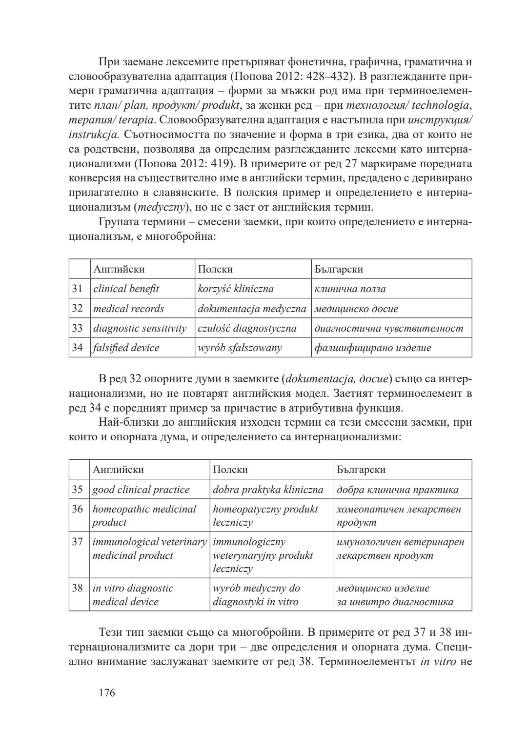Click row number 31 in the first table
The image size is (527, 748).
78,289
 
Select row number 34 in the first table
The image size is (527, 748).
78,348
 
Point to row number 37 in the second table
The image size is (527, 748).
78,542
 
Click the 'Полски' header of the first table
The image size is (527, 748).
215,269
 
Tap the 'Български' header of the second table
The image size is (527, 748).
361,470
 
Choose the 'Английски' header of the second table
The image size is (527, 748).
119,470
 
